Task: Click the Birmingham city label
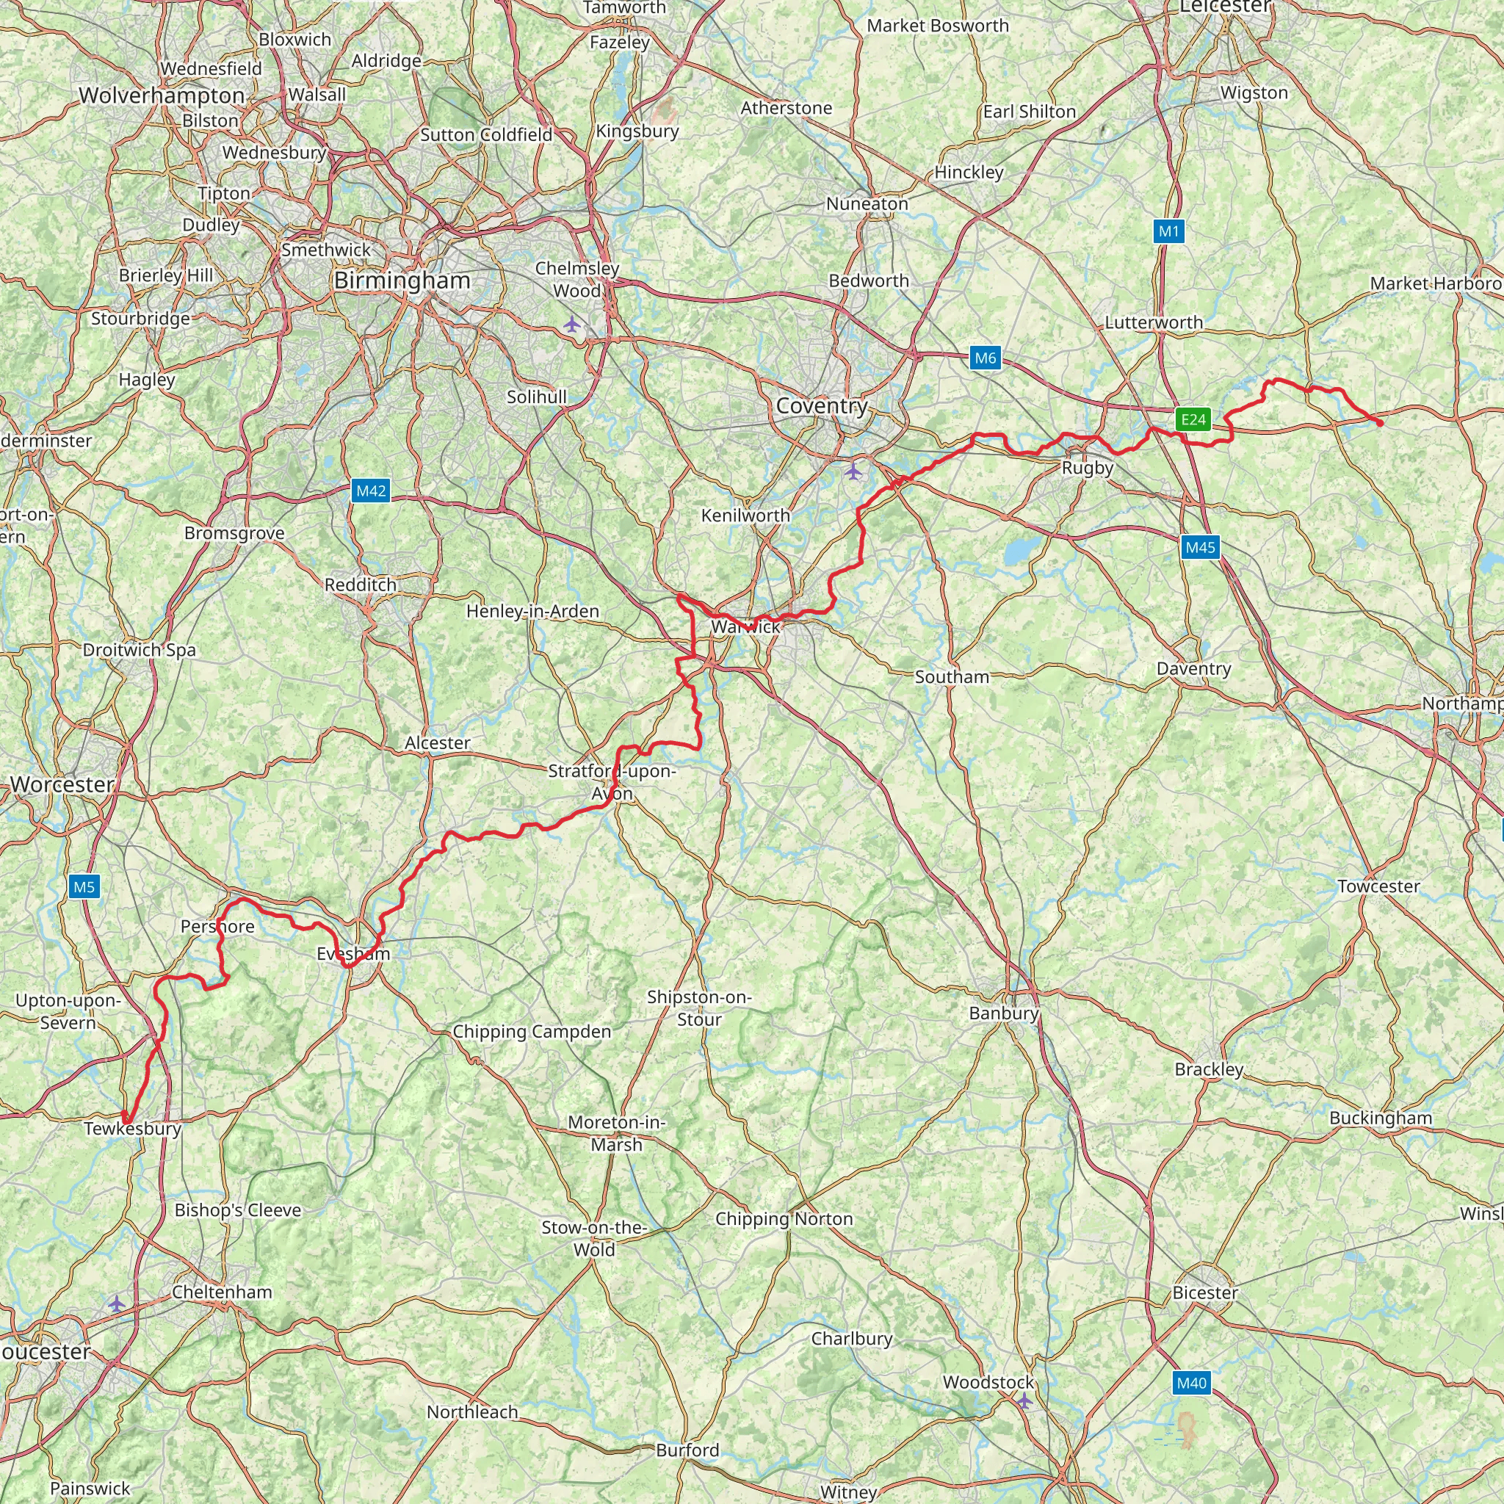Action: pyautogui.click(x=402, y=281)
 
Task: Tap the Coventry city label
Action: pyautogui.click(x=821, y=405)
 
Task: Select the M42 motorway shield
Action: pyautogui.click(x=371, y=491)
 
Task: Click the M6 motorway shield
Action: pyautogui.click(x=985, y=358)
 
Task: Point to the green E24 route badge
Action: pyautogui.click(x=1193, y=420)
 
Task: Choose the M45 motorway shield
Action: pyautogui.click(x=1200, y=547)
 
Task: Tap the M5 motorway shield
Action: pyautogui.click(x=84, y=886)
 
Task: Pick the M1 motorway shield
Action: pyautogui.click(x=1168, y=231)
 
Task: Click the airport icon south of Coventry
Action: pyautogui.click(x=854, y=471)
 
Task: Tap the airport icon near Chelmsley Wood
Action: pyautogui.click(x=572, y=324)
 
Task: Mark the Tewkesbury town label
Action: pyautogui.click(x=132, y=1129)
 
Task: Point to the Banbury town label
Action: pyautogui.click(x=1003, y=1013)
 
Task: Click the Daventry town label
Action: pyautogui.click(x=1193, y=669)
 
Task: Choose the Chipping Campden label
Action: pyautogui.click(x=532, y=1032)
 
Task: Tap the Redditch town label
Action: pyautogui.click(x=361, y=585)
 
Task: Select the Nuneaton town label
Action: pyautogui.click(x=867, y=204)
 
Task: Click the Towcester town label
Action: pyautogui.click(x=1378, y=886)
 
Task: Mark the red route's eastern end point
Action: pyautogui.click(x=1380, y=424)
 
